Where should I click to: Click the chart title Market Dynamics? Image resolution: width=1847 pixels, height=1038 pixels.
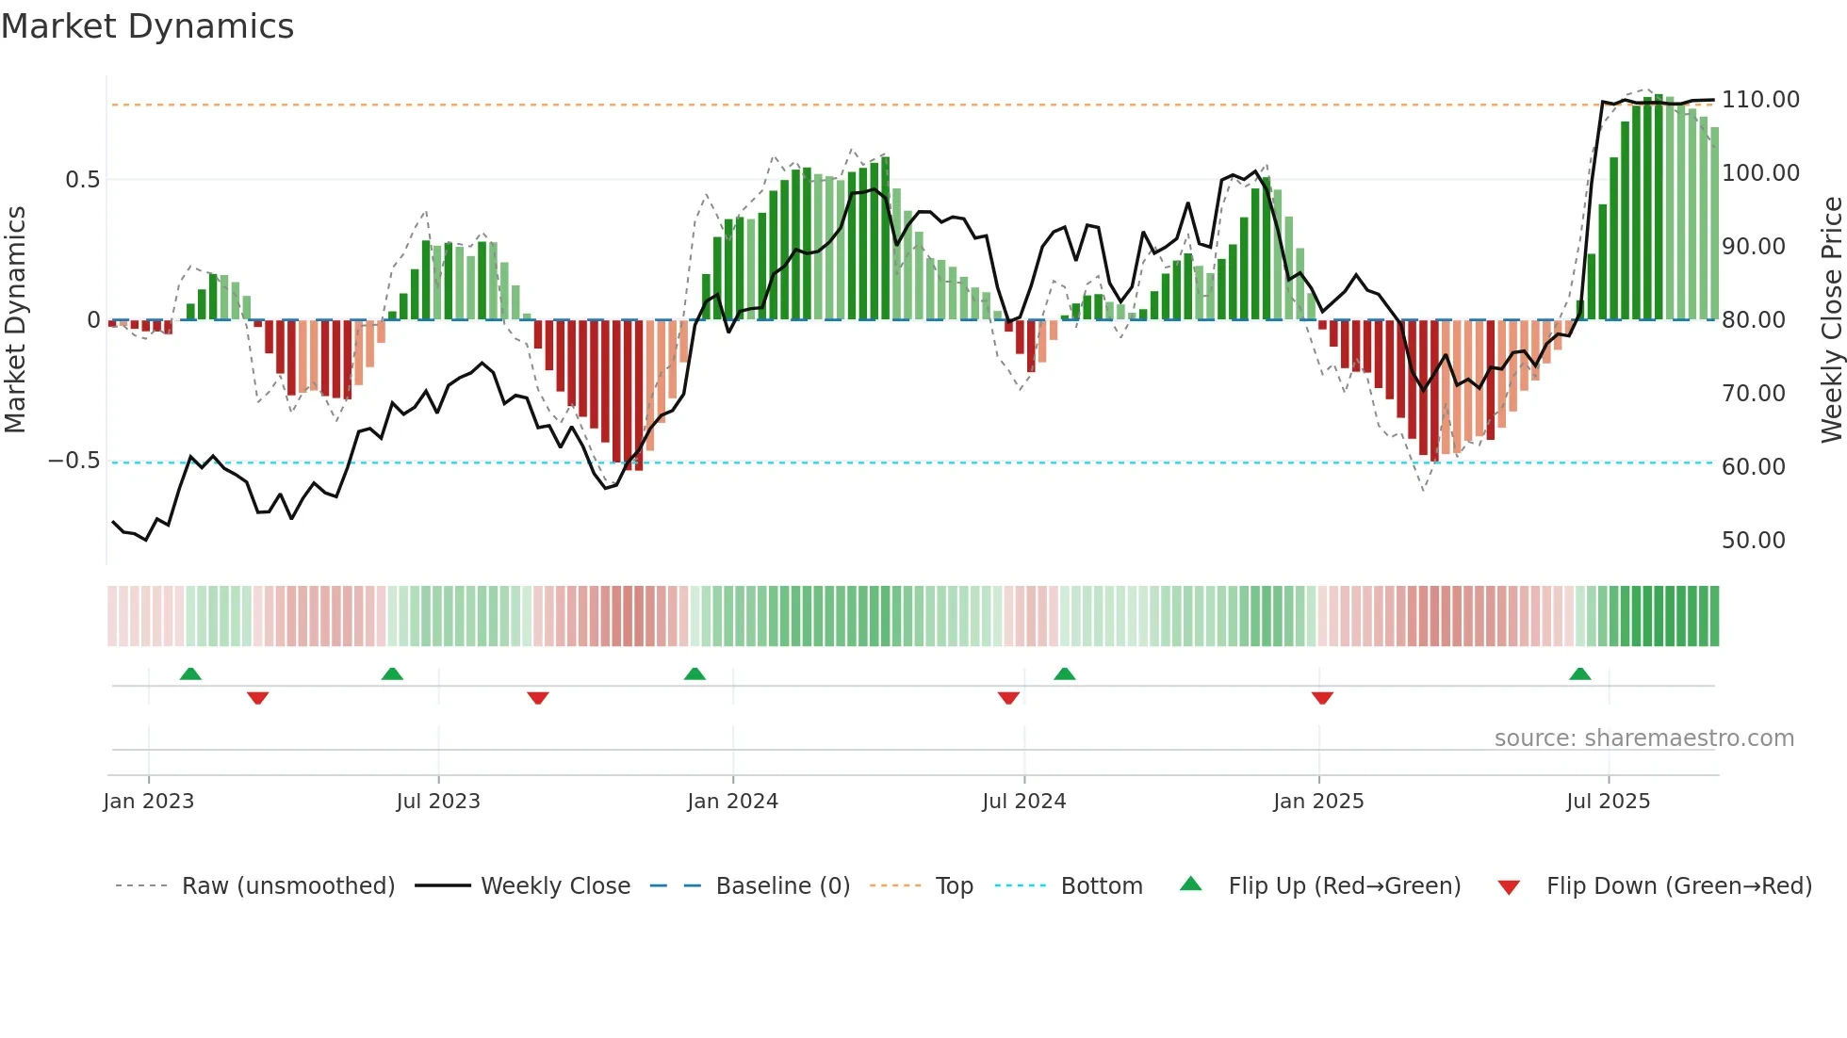[148, 26]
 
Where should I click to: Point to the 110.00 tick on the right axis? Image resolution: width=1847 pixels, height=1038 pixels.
[1759, 100]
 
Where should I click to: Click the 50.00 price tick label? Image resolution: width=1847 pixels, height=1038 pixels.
[1753, 541]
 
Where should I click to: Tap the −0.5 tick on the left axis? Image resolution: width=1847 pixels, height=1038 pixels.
[74, 461]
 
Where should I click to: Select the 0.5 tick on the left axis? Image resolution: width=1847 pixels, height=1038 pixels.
[82, 180]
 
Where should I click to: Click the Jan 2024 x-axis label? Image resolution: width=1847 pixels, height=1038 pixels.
[732, 802]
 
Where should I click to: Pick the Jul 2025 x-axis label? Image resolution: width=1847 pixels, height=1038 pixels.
[1608, 802]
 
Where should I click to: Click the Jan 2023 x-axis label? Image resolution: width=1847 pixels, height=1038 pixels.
[148, 802]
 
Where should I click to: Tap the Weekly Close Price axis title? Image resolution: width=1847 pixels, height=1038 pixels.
[1831, 319]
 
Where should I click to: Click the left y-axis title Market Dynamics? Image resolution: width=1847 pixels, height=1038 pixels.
[15, 319]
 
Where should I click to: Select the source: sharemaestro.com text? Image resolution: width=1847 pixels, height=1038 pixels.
[1643, 738]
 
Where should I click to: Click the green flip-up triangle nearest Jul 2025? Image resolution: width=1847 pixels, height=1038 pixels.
[1579, 673]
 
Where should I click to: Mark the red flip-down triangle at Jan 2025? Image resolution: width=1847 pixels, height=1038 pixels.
[1322, 698]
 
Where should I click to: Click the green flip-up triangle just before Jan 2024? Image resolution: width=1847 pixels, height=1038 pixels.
[695, 673]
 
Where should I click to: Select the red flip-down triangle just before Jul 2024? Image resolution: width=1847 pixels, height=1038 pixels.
[1008, 698]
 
